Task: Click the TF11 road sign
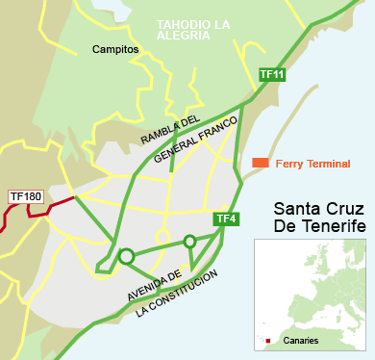(x=272, y=74)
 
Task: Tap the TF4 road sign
(x=226, y=219)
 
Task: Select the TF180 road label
(x=26, y=197)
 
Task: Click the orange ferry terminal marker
(x=261, y=163)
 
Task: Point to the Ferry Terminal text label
(x=312, y=164)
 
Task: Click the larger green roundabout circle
(x=126, y=256)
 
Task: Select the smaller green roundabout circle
(x=190, y=241)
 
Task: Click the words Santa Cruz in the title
(x=319, y=209)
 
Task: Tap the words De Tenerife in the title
(x=320, y=227)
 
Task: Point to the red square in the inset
(x=267, y=341)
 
